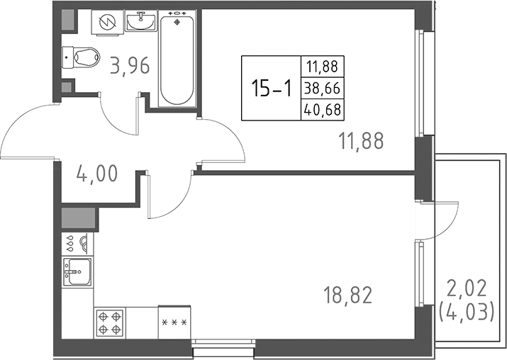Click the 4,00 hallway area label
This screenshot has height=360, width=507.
98,173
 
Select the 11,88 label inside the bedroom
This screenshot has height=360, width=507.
360,141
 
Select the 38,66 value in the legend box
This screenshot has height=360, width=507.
321,89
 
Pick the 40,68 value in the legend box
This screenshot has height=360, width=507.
321,110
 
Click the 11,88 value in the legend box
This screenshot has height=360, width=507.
321,68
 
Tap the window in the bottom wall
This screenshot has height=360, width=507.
224,347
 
